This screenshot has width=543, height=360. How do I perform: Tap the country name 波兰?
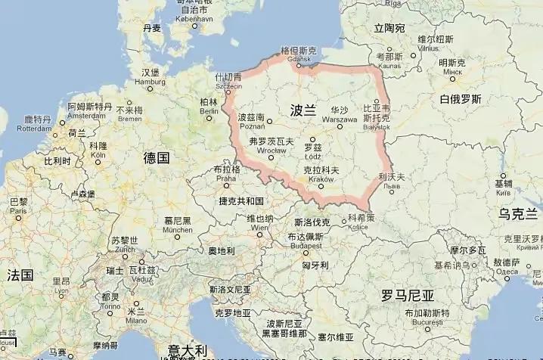click(303, 111)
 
